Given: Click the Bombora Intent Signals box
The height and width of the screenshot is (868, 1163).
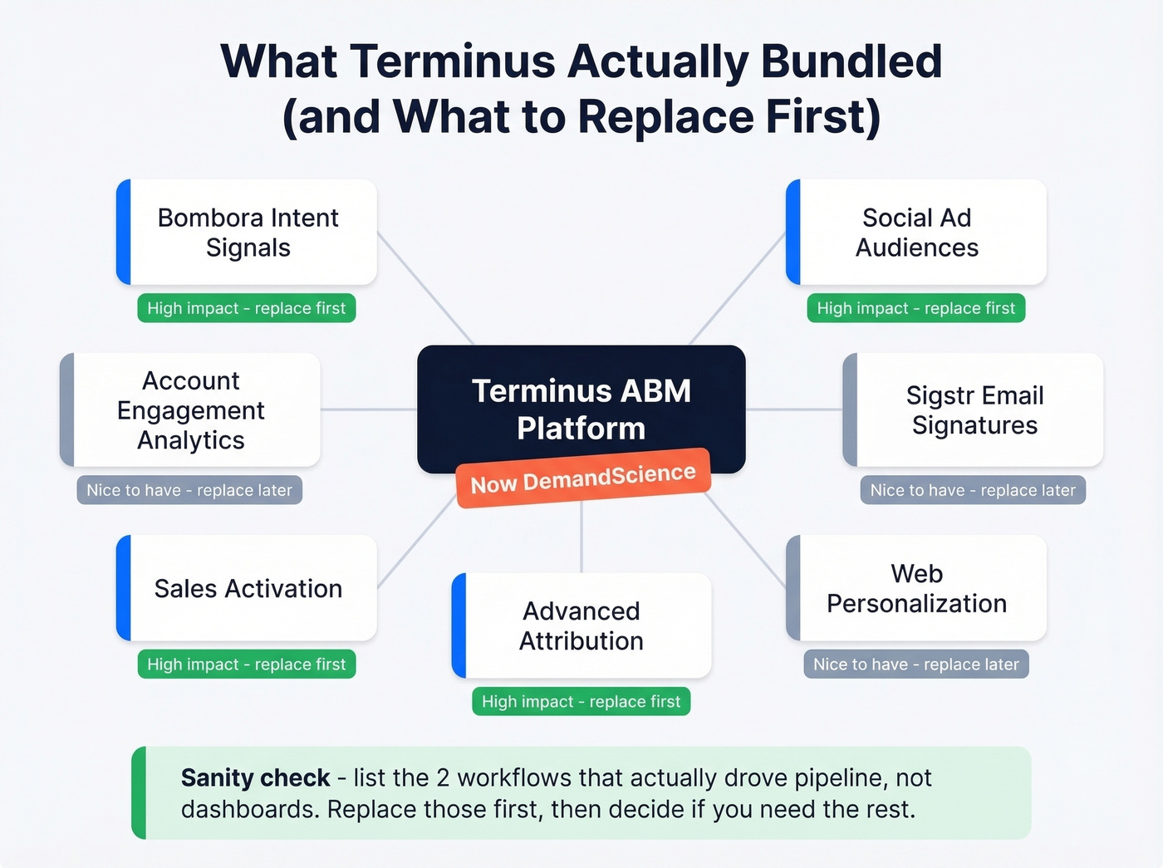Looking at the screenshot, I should (x=247, y=233).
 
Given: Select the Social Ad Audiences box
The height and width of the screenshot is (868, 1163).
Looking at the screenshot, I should (x=916, y=233).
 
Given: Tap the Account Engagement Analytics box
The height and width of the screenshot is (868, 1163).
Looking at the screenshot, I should (x=190, y=410).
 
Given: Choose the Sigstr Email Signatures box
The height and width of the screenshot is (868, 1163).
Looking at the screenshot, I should (x=974, y=410).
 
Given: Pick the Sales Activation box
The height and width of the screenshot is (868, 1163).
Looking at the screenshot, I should (x=247, y=588).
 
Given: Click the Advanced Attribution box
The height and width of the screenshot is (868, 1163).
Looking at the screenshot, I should (x=581, y=625).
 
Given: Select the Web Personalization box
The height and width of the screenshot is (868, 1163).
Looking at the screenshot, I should (x=916, y=588).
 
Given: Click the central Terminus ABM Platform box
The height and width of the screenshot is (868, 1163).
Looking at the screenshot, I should (x=581, y=399).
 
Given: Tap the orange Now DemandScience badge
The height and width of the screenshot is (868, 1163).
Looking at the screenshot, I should (x=583, y=478).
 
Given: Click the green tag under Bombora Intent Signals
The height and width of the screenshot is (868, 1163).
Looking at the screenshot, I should (x=247, y=308).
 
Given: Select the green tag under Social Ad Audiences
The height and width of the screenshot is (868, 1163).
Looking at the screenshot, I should (x=916, y=308).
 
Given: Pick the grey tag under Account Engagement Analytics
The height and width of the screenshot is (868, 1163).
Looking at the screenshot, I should (x=189, y=490).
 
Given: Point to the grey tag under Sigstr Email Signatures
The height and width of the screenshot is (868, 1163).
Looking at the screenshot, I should (x=973, y=490).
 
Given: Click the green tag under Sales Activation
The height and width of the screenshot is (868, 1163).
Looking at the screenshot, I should (x=247, y=664).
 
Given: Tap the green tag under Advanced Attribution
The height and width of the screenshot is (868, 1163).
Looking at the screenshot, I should (x=581, y=702).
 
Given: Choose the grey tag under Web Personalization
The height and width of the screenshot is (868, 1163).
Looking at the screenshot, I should (x=916, y=664).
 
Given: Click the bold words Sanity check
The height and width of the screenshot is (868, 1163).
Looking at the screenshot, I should (x=255, y=778).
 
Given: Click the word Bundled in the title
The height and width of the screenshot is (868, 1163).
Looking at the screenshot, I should (x=851, y=61).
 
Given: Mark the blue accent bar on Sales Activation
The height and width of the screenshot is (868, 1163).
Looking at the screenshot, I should (x=124, y=588).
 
